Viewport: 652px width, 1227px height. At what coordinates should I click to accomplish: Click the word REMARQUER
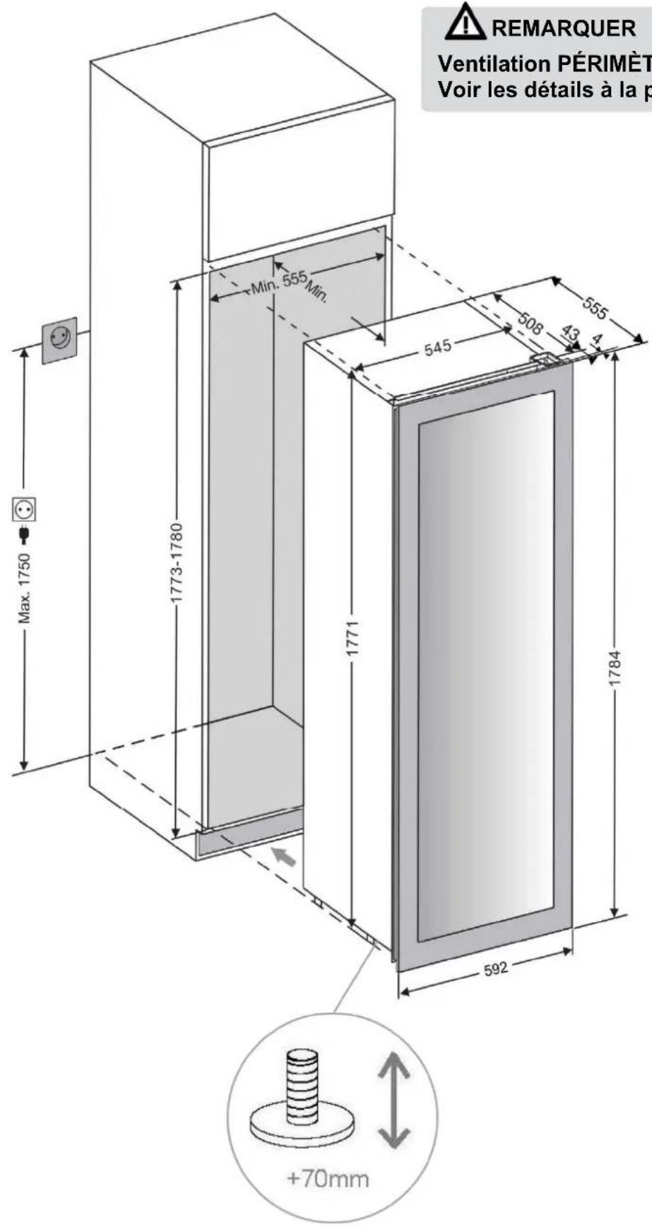coord(564,29)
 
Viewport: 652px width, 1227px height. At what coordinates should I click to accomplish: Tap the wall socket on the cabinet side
coord(59,340)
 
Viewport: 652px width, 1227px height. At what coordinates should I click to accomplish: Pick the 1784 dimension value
coord(616,668)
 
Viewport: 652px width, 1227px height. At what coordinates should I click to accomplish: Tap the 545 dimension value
coord(438,348)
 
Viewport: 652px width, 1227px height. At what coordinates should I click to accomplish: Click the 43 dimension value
coord(570,333)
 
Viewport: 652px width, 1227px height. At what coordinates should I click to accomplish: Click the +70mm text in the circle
coord(328,1178)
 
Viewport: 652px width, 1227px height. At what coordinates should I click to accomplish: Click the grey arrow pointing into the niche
coord(284,857)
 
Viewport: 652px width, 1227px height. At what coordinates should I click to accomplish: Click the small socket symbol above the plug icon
coord(25,509)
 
